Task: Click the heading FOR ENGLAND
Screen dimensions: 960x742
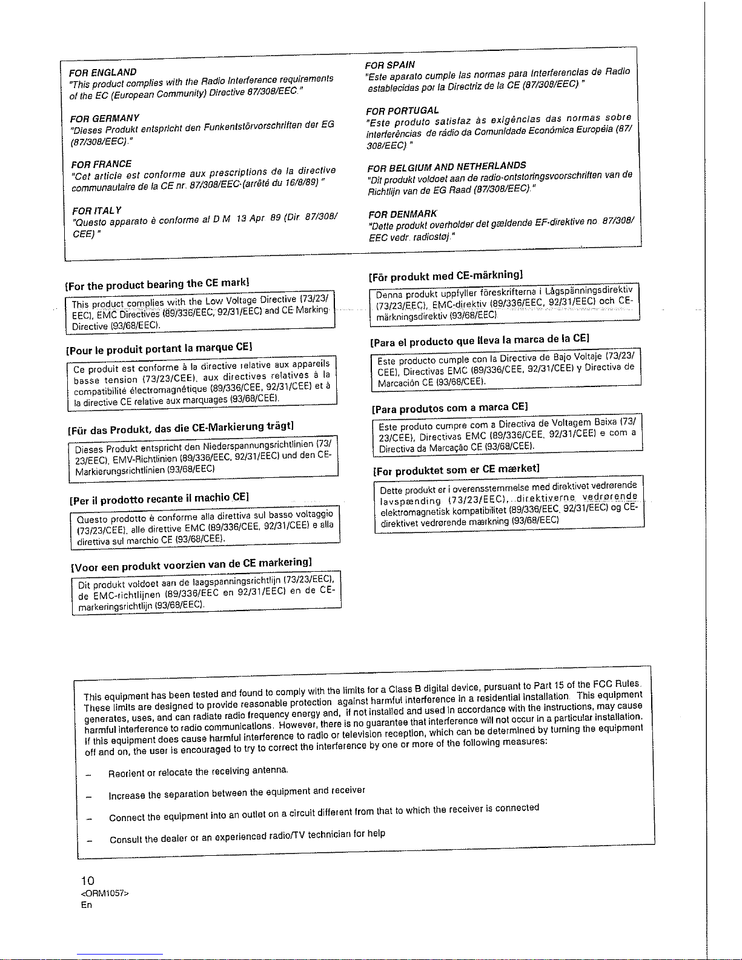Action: (x=102, y=72)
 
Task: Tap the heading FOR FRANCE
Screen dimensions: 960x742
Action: (x=101, y=164)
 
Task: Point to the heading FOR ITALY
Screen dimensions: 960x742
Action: (x=96, y=210)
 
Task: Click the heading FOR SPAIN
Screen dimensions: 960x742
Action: (x=390, y=64)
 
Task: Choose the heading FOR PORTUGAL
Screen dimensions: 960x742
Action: (x=402, y=110)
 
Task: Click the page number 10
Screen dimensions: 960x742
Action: (x=88, y=880)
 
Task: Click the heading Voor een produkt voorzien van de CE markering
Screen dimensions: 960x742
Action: (x=192, y=564)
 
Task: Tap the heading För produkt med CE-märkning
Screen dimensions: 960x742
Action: (x=446, y=276)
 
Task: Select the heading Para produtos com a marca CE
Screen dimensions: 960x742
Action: (x=451, y=407)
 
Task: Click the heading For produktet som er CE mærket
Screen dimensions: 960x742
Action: (x=456, y=469)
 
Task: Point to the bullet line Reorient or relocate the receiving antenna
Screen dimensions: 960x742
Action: (x=198, y=772)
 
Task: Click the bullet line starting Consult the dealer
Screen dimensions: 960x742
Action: (x=247, y=836)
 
